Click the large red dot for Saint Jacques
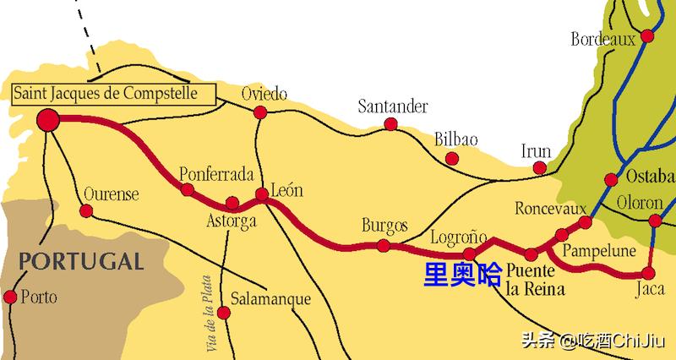pos(48,120)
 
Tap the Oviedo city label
pos(264,93)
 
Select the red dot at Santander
pos(390,124)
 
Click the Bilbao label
pos(456,139)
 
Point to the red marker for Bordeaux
pos(648,35)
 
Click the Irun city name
pos(536,152)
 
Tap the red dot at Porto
pos(11,297)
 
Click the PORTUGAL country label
pos(81,260)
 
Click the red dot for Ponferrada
pos(188,189)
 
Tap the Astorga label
pos(231,222)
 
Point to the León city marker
pos(262,194)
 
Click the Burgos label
pos(384,226)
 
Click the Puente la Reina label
pos(536,281)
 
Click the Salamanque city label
pos(270,300)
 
